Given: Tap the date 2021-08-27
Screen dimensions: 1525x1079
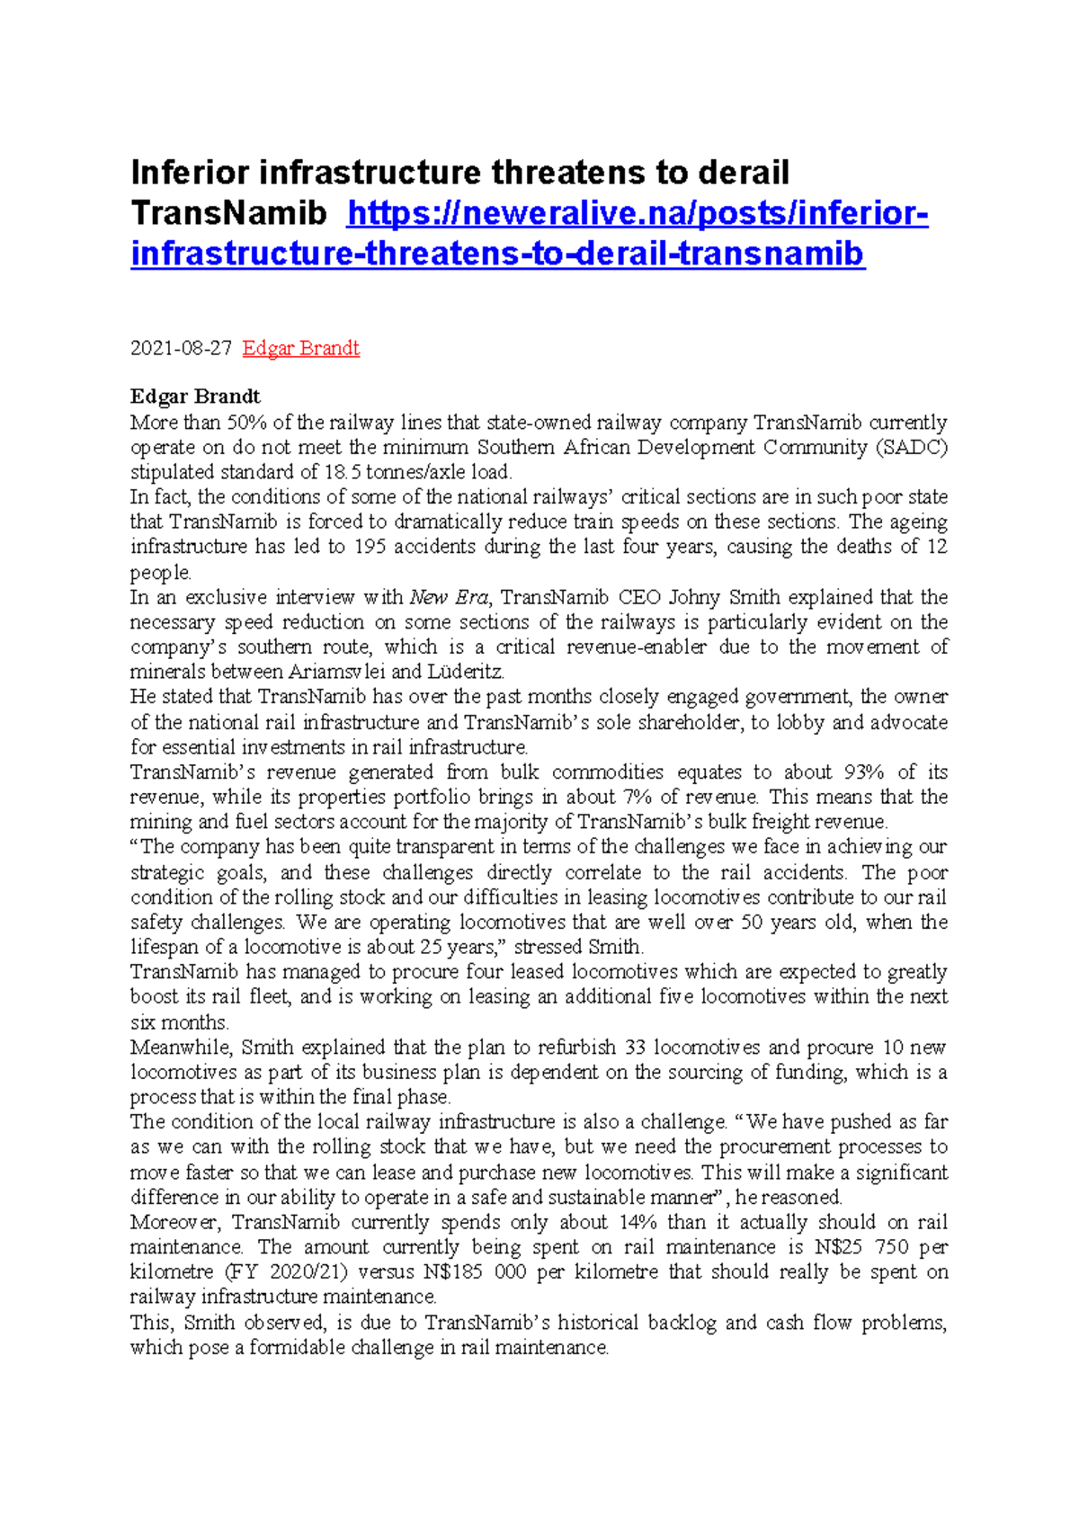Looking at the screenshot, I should (181, 348).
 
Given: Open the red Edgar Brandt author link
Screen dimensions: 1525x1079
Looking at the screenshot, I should (301, 348).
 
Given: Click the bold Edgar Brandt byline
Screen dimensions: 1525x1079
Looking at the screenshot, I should (195, 397).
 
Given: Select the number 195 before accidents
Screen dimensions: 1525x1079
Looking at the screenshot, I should (370, 547).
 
